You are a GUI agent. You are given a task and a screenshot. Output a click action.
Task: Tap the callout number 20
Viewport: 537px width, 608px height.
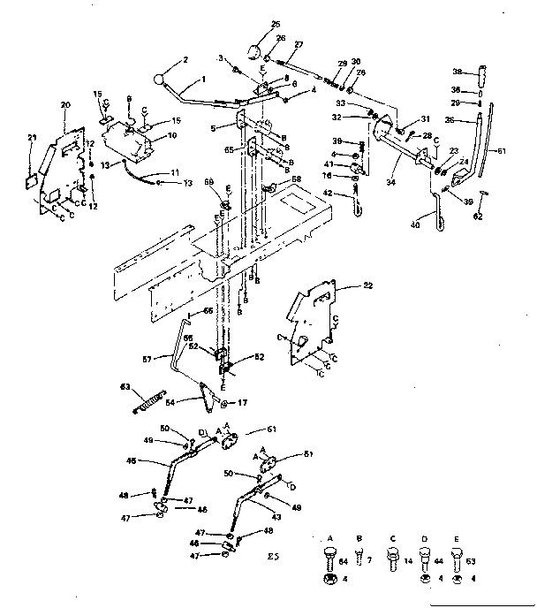[65, 104]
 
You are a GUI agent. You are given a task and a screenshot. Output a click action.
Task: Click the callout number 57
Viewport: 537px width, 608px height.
[148, 357]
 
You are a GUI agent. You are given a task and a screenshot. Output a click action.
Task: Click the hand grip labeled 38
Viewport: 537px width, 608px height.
[484, 71]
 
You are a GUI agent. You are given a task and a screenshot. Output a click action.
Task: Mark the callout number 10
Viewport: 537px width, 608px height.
[171, 134]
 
